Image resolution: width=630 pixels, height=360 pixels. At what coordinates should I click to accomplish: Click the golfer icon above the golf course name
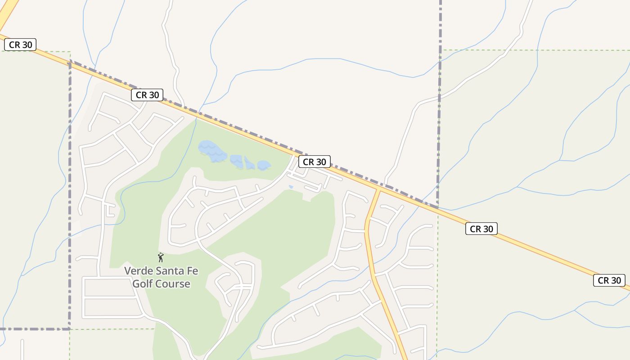click(161, 257)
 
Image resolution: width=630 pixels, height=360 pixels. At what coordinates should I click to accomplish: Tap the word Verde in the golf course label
click(137, 271)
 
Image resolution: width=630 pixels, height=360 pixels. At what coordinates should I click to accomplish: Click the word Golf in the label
click(142, 284)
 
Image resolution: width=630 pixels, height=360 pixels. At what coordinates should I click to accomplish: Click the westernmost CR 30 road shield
click(20, 45)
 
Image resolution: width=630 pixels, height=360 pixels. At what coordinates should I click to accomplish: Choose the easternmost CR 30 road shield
click(609, 280)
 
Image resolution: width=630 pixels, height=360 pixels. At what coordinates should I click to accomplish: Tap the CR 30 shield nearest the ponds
click(314, 162)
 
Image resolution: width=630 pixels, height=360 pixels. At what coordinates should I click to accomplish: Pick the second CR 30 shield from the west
click(147, 95)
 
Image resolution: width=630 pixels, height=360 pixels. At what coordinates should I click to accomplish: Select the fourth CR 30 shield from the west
click(481, 229)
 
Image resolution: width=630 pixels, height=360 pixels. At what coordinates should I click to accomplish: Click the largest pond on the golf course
click(211, 151)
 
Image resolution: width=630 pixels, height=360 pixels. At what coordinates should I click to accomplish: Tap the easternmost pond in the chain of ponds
click(264, 165)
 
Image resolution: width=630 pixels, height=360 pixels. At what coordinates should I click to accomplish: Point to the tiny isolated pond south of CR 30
click(291, 187)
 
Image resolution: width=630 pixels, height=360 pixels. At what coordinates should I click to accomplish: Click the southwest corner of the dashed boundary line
click(70, 329)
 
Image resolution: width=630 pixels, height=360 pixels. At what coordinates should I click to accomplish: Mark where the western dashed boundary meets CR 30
click(70, 62)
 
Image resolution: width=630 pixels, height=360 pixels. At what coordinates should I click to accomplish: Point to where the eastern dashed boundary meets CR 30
click(438, 208)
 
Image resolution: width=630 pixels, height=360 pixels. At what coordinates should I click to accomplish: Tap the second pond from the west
click(236, 160)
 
